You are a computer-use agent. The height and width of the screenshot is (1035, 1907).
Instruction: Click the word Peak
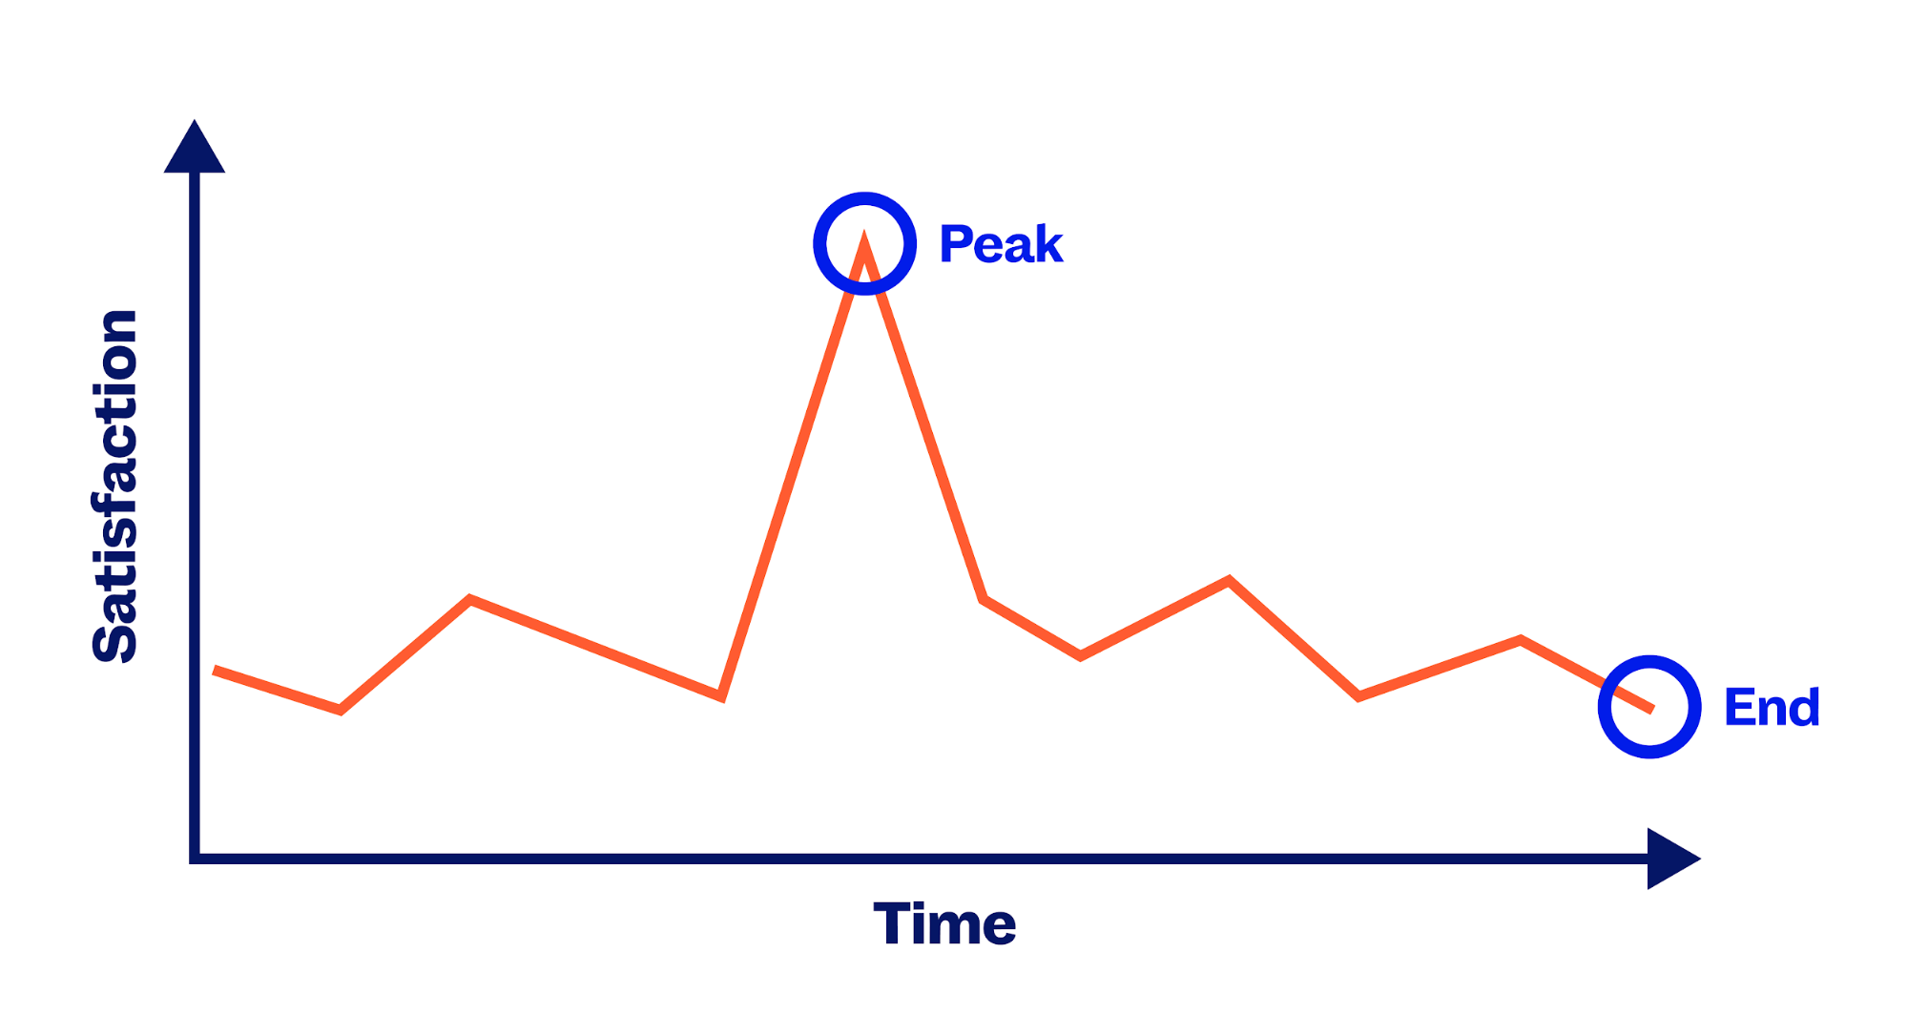coord(1001,243)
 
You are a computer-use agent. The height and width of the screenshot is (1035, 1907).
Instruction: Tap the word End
coord(1772,708)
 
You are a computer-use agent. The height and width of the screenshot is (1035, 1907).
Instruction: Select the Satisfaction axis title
coord(115,486)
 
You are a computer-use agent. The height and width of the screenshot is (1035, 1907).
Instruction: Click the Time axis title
coord(944,923)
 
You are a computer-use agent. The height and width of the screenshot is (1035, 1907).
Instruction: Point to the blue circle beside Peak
coord(817,243)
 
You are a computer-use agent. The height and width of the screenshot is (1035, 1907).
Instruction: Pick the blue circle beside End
coord(1602,707)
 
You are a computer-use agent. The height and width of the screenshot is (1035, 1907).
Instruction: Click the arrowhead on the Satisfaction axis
coord(195,147)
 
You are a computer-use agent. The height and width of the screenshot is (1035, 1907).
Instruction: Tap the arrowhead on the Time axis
coord(1673,859)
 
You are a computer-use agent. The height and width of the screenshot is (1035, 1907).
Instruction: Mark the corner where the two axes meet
coord(195,859)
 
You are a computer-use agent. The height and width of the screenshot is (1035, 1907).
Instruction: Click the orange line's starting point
coord(215,671)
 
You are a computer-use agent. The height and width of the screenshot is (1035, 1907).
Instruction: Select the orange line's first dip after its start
coord(341,710)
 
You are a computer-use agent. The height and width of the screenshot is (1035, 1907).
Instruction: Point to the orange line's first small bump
coord(470,599)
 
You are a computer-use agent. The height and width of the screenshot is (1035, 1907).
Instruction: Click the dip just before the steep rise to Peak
coord(722,696)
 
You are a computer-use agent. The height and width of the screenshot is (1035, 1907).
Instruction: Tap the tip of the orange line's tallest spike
coord(864,236)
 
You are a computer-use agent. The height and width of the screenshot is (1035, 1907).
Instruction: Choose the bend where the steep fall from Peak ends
coord(984,599)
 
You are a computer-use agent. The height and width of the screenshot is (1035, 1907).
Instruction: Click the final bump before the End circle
coord(1520,639)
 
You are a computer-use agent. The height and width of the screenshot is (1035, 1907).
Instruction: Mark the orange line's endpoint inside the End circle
coord(1651,709)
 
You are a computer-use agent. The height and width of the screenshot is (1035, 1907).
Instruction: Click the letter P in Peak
coord(955,243)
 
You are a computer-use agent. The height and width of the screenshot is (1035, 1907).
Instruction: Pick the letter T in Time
coord(893,922)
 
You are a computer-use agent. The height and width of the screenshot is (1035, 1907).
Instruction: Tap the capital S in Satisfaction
coord(115,641)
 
